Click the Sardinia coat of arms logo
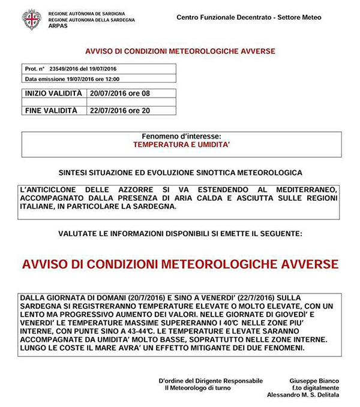pyautogui.click(x=31, y=20)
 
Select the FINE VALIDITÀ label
pyautogui.click(x=51, y=110)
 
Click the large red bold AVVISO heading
pyautogui.click(x=179, y=264)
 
